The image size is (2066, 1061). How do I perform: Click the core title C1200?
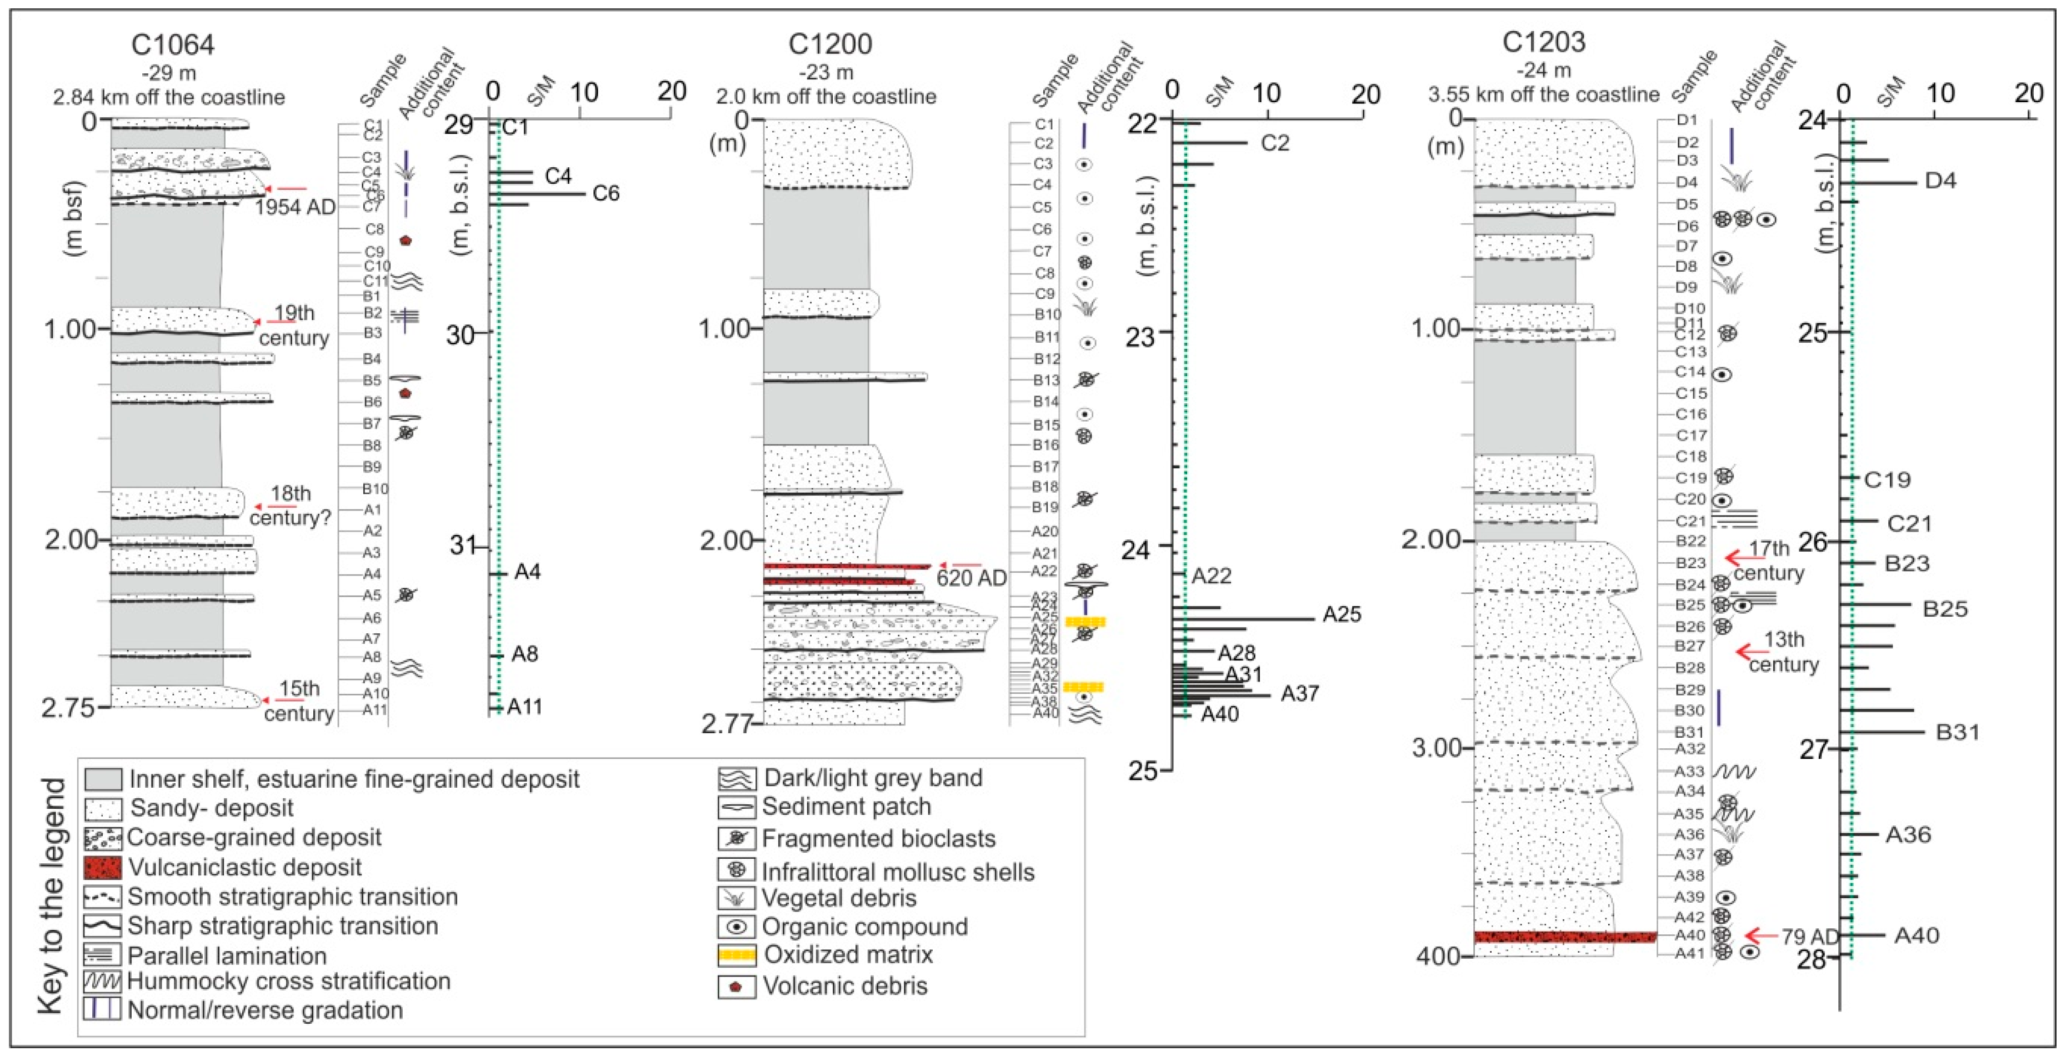pyautogui.click(x=829, y=44)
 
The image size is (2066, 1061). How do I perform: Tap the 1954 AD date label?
pyautogui.click(x=294, y=207)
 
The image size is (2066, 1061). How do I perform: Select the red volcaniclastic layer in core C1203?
pyautogui.click(x=1564, y=937)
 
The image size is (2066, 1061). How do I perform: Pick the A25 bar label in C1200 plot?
pyautogui.click(x=1342, y=615)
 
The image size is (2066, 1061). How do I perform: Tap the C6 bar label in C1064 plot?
pyautogui.click(x=606, y=193)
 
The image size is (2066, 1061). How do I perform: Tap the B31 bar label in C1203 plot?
pyautogui.click(x=1958, y=732)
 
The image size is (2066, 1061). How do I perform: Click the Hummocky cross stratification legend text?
pyautogui.click(x=289, y=981)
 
